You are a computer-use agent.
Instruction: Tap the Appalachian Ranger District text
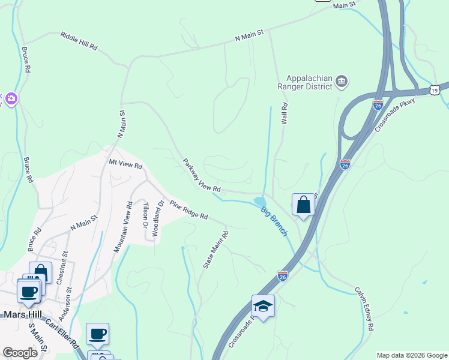(x=309, y=83)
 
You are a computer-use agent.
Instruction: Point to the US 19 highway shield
(x=434, y=90)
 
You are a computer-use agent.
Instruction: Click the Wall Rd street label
(x=285, y=113)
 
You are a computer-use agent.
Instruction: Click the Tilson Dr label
(x=145, y=215)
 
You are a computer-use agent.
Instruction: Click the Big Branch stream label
(x=274, y=221)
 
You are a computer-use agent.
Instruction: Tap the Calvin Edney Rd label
(x=364, y=308)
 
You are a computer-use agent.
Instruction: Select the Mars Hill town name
(x=22, y=314)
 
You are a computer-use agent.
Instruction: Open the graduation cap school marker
(x=263, y=307)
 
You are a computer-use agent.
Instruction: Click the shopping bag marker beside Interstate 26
(x=304, y=205)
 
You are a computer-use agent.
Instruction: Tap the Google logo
(x=20, y=353)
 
